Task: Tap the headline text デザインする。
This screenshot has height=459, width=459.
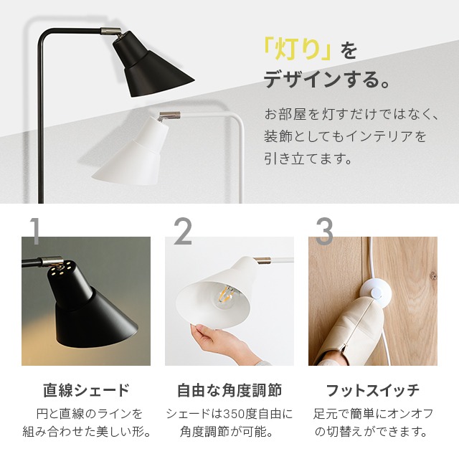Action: (x=327, y=80)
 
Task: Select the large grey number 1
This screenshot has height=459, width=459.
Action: (x=34, y=231)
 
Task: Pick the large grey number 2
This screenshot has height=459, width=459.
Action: (x=183, y=231)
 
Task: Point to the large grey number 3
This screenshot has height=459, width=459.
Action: (x=324, y=231)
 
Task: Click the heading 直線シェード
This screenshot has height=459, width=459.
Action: (x=86, y=390)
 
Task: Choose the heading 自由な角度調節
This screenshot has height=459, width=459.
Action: (x=229, y=390)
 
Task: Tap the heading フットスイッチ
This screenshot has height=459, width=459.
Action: (x=373, y=390)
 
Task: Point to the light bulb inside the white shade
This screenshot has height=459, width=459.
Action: (x=227, y=297)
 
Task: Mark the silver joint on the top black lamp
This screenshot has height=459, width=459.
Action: (x=111, y=31)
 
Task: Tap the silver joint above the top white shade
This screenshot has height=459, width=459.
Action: (x=169, y=115)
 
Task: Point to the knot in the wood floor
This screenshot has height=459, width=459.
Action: (x=432, y=275)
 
